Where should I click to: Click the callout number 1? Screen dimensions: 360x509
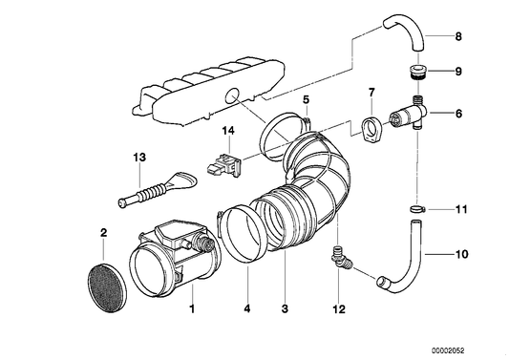192,309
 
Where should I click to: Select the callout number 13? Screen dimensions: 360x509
139,157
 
